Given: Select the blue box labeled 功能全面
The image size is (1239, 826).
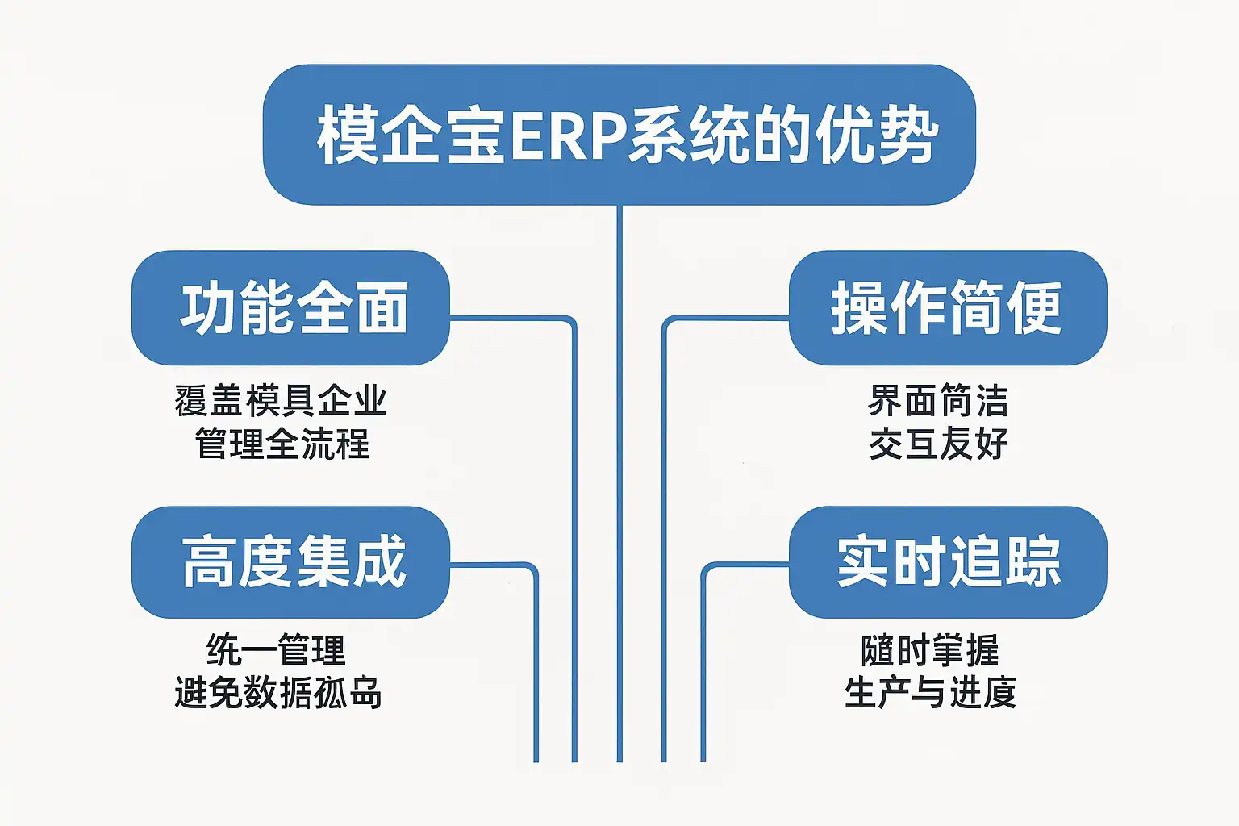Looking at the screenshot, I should coord(290,308).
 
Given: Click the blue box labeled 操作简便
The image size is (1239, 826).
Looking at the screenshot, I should coord(947,308).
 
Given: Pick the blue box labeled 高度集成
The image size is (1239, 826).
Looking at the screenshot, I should coord(290,562).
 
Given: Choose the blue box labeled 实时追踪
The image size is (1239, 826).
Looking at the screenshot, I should coord(947,562).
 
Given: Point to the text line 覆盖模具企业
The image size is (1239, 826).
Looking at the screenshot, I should coord(281,401).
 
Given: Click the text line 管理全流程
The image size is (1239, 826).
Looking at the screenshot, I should coord(282,444).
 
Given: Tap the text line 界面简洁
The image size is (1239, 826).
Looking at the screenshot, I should coord(938,401).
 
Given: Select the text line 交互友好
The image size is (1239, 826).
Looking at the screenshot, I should coord(938,444).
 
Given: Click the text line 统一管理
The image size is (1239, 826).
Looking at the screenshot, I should coord(276,650).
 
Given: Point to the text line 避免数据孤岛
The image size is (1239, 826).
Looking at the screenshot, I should coord(278,693).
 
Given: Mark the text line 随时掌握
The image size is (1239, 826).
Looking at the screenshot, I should coord(930,650).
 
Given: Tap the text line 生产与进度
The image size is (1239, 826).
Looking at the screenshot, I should coord(930,693).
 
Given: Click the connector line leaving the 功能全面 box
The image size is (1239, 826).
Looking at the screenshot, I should coord(574,524).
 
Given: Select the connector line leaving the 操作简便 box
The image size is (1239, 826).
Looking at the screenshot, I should coord(664,524).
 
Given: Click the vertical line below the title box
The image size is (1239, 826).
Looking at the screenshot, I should coord(619,484).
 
